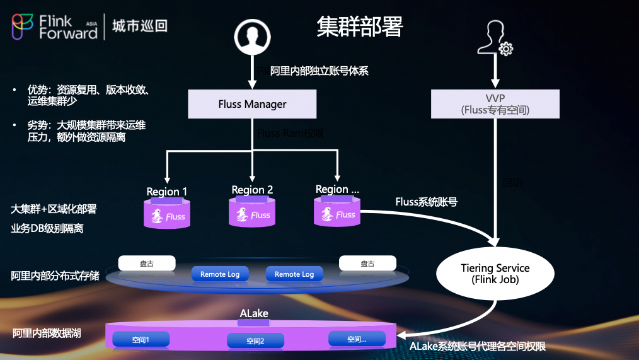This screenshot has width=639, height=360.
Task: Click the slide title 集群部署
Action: click(x=359, y=26)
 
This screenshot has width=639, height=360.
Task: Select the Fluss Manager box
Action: click(x=252, y=104)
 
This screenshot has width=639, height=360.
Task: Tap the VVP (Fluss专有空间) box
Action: click(x=495, y=103)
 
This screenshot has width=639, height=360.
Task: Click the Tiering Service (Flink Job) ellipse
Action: click(x=495, y=273)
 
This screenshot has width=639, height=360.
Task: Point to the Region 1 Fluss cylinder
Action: click(x=167, y=213)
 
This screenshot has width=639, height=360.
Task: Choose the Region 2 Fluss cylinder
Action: click(x=252, y=212)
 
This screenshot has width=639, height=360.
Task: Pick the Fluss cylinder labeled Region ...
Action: click(x=337, y=211)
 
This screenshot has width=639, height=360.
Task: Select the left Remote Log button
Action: click(x=220, y=274)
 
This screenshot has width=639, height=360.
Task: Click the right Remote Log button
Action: click(x=294, y=274)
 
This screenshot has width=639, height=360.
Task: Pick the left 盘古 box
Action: click(x=146, y=264)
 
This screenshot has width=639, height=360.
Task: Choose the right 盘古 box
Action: click(x=367, y=264)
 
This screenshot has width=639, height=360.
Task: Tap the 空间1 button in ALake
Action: click(x=141, y=340)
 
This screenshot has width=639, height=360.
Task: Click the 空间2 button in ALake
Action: click(x=255, y=341)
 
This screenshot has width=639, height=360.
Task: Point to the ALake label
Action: click(x=254, y=314)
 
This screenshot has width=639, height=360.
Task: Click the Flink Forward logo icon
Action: click(x=23, y=26)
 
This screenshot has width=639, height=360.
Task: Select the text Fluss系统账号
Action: click(x=426, y=202)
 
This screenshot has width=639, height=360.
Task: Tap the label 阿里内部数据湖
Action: click(x=47, y=333)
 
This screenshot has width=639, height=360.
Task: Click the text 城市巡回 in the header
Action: click(x=139, y=26)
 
